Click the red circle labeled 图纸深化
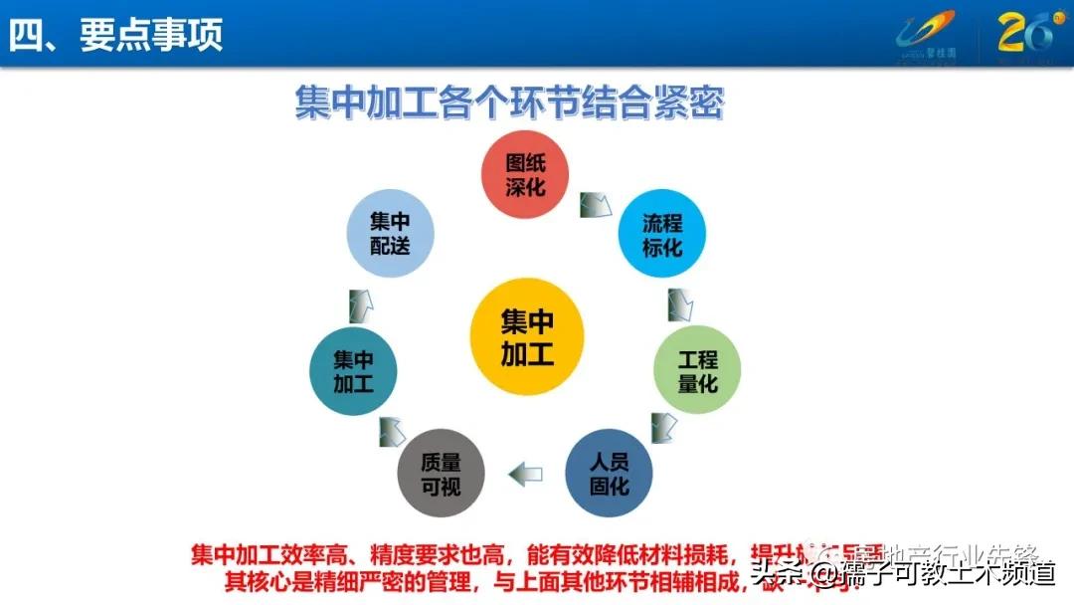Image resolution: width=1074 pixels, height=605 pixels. [x=527, y=175]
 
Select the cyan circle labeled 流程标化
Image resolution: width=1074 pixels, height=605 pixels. [x=662, y=235]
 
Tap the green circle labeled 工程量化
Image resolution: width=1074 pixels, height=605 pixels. [x=697, y=370]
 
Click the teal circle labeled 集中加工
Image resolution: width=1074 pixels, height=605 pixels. [x=353, y=370]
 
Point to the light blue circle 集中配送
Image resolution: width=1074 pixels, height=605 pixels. [x=390, y=235]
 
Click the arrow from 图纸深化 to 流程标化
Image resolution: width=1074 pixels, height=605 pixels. [x=596, y=203]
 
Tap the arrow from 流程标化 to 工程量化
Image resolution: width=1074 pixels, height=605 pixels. [x=680, y=302]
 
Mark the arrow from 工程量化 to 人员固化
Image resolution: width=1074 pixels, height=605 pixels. [x=663, y=426]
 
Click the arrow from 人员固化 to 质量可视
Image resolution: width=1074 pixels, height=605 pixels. [x=525, y=474]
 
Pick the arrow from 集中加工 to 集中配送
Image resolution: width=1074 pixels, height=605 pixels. [x=361, y=302]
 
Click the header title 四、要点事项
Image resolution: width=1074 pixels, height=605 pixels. [x=116, y=35]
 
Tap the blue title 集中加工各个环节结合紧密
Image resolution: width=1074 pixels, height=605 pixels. [x=508, y=102]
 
